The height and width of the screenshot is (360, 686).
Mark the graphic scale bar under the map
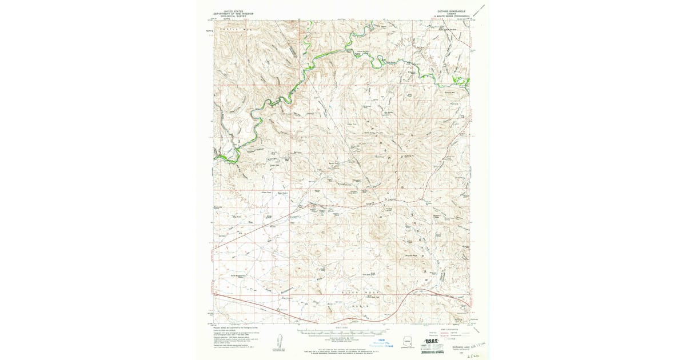click(342, 330)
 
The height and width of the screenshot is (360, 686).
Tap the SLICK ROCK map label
click(356, 292)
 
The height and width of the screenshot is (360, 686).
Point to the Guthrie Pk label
click(408, 155)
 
